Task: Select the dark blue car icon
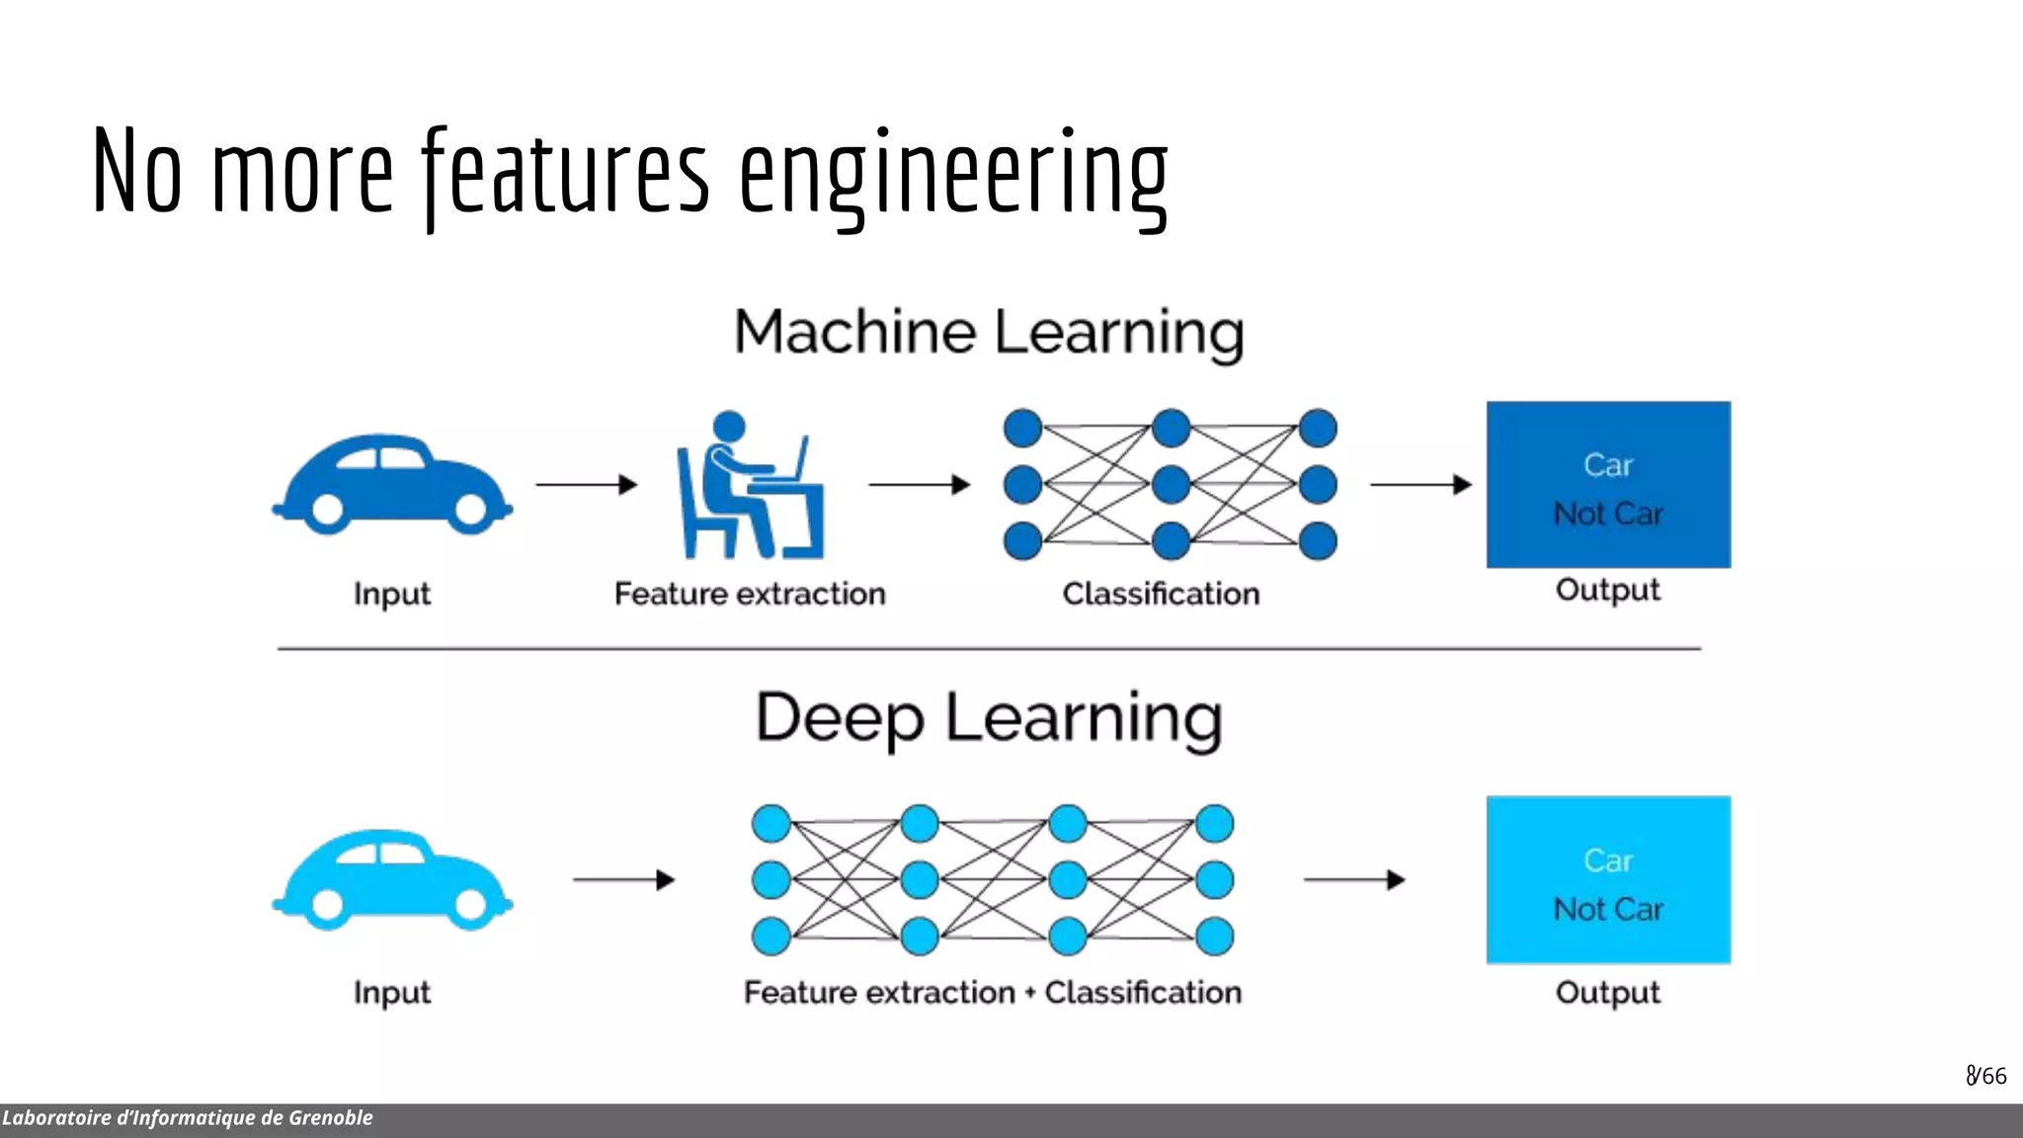coord(391,484)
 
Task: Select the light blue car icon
coord(391,879)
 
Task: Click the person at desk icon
coord(749,486)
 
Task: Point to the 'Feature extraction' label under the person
coord(750,594)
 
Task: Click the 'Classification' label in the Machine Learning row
coord(1161,594)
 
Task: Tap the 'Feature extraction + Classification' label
coord(992,992)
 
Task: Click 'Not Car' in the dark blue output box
coord(1608,514)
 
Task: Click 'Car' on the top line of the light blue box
coord(1608,860)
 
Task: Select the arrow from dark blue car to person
coord(587,484)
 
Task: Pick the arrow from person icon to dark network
coord(919,484)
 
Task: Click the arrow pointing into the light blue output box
coord(1353,879)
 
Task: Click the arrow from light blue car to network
coord(623,879)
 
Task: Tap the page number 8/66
coord(1985,1076)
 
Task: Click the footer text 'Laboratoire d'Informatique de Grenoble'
coord(188,1118)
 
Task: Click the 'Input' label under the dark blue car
coord(392,595)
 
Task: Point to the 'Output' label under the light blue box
coord(1607,992)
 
